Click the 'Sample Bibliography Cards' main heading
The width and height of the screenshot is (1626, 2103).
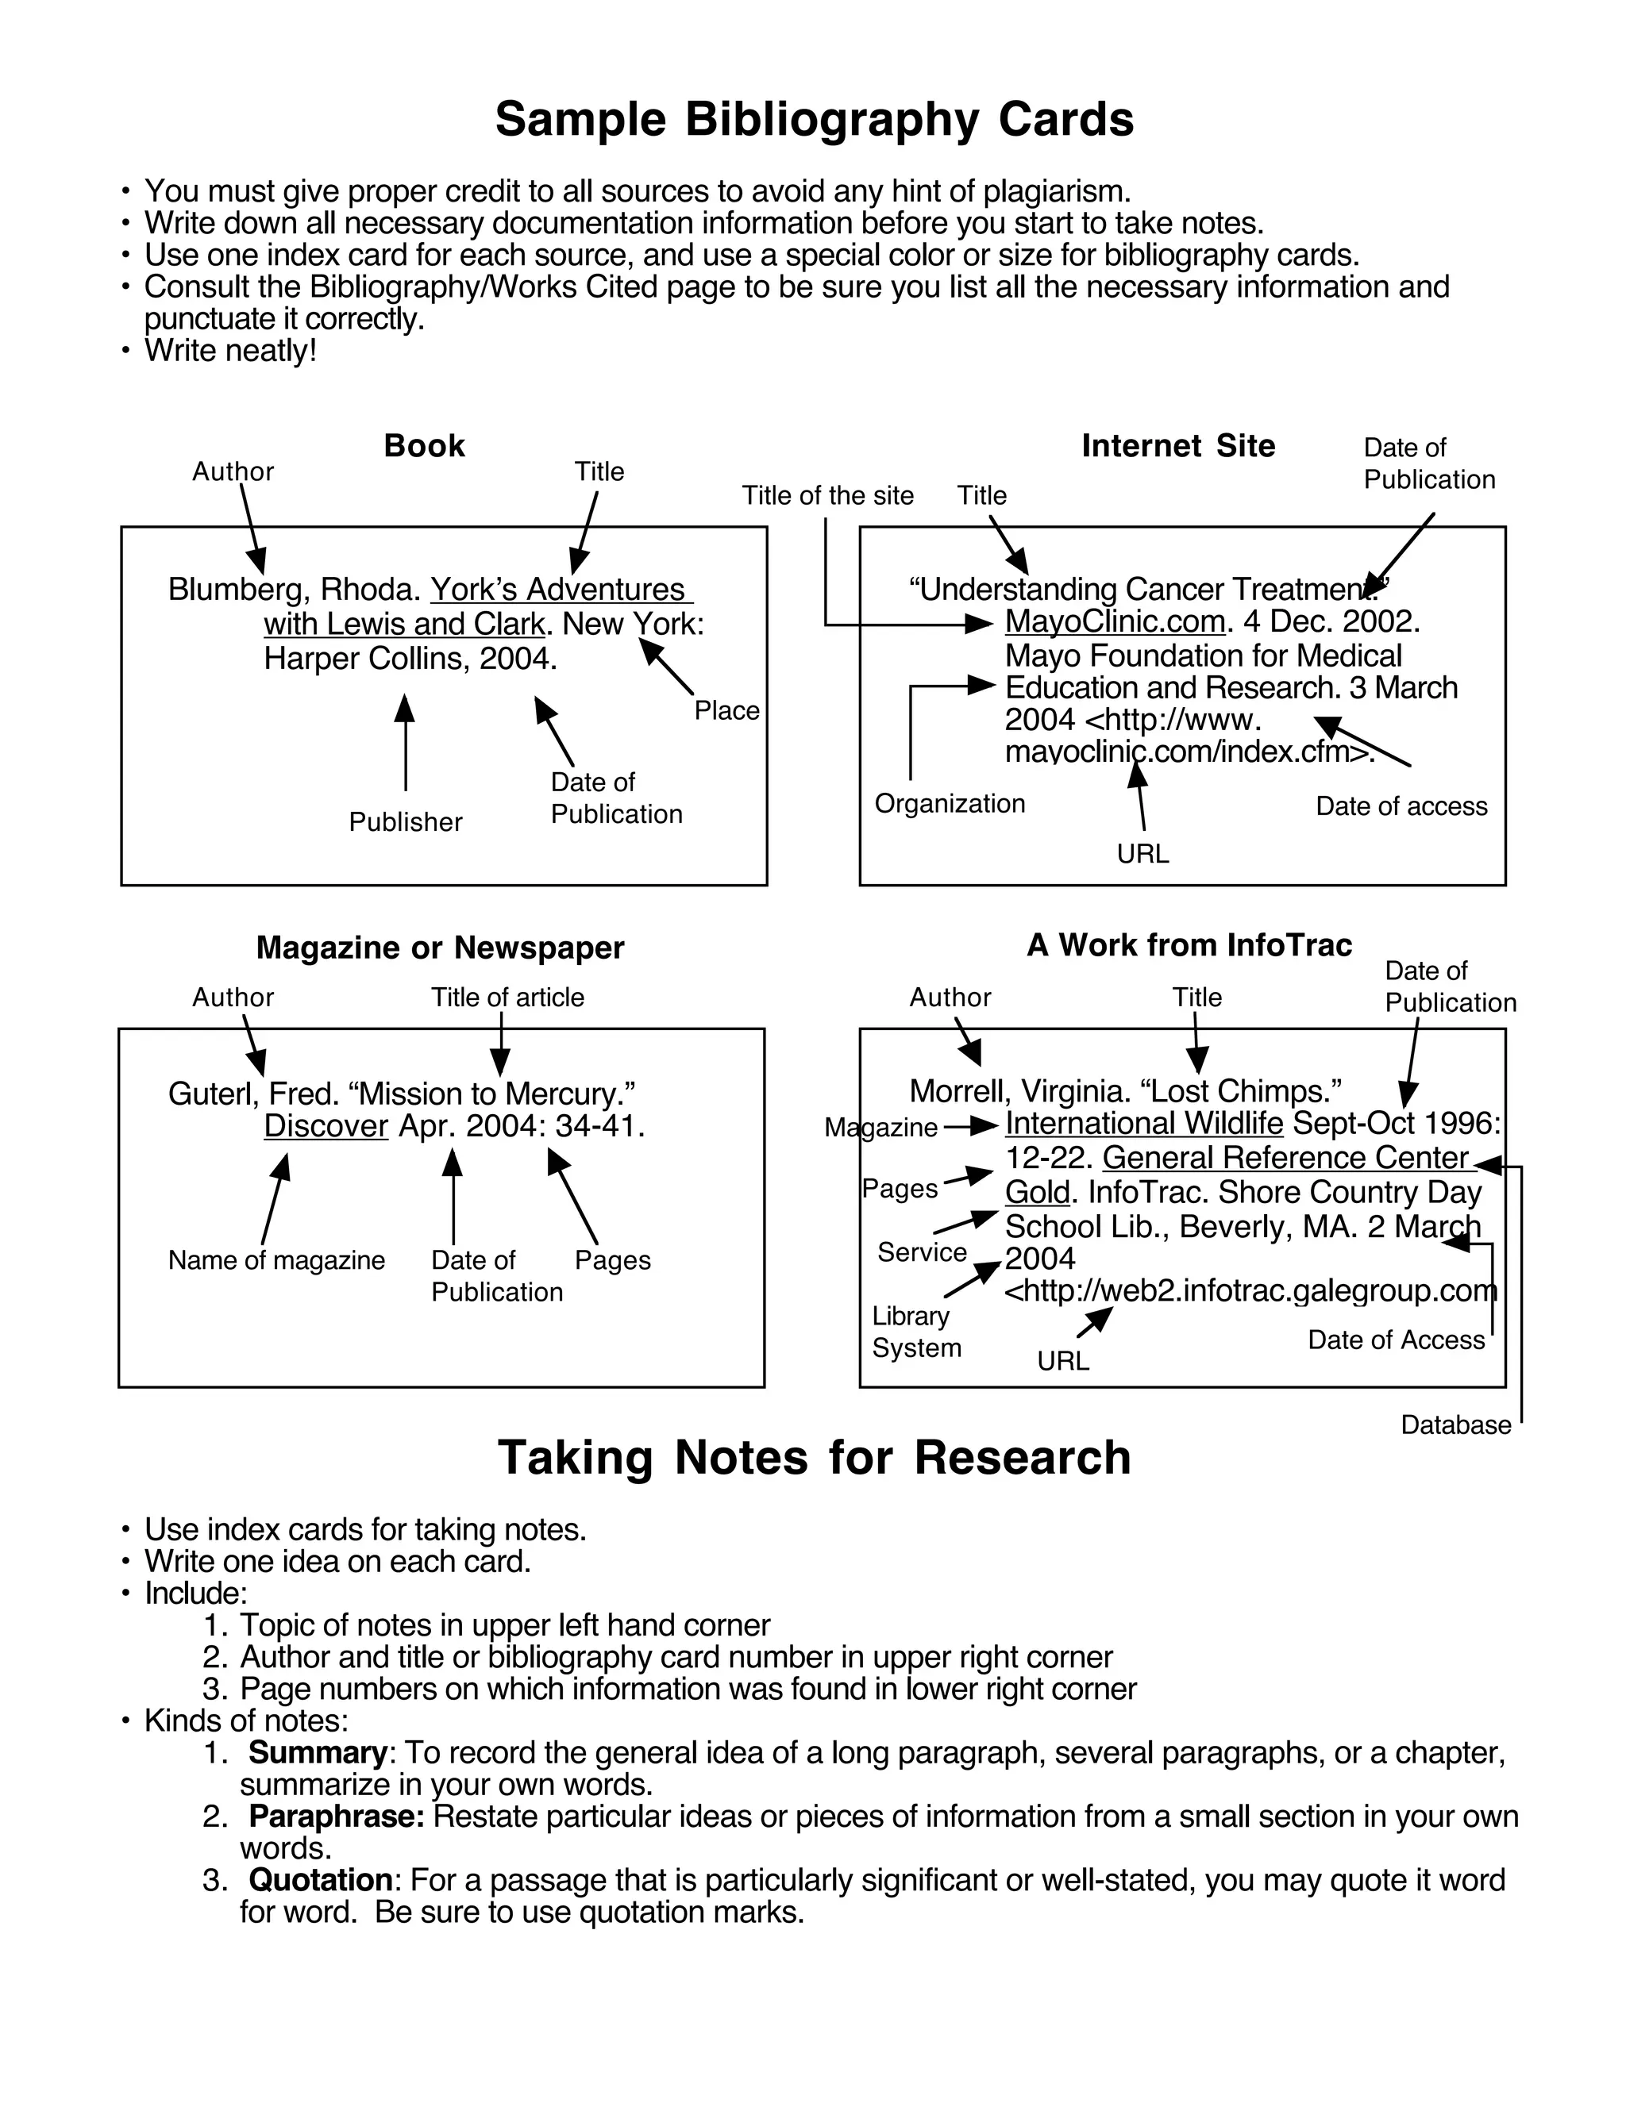click(814, 119)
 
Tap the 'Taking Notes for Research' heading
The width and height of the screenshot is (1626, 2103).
click(814, 1457)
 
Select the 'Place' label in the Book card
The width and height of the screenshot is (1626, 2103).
click(726, 710)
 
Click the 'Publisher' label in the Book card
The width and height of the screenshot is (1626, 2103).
click(406, 821)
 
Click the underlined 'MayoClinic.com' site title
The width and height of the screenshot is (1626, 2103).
click(1115, 621)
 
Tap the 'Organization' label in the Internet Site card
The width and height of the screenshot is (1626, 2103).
click(949, 803)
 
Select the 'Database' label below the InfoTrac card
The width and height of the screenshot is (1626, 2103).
click(1455, 1424)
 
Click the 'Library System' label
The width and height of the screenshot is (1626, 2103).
click(915, 1332)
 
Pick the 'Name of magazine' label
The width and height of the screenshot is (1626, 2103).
click(276, 1259)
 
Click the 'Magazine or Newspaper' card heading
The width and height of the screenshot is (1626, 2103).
click(440, 948)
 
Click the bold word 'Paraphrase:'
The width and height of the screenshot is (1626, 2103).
click(336, 1816)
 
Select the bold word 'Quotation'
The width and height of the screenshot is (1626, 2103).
click(320, 1879)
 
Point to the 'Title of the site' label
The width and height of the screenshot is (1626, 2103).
click(827, 495)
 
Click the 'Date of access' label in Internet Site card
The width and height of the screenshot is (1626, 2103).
click(1401, 806)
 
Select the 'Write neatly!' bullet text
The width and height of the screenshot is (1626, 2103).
click(230, 351)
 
